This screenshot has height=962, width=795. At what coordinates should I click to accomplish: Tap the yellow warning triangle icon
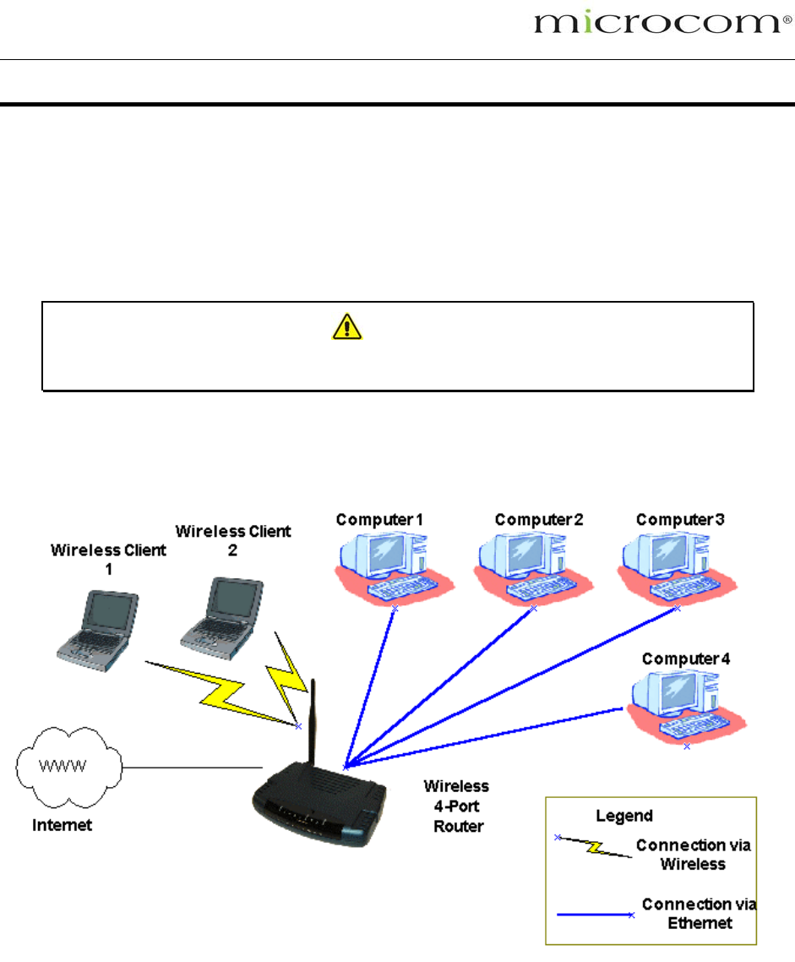click(346, 325)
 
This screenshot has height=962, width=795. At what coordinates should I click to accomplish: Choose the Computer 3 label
click(680, 519)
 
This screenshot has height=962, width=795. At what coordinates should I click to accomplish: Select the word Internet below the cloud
click(63, 825)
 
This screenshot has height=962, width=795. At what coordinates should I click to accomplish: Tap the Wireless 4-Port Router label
click(456, 806)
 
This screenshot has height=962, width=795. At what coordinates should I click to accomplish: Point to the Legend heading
click(624, 816)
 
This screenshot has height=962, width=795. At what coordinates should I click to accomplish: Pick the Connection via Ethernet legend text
click(699, 914)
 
